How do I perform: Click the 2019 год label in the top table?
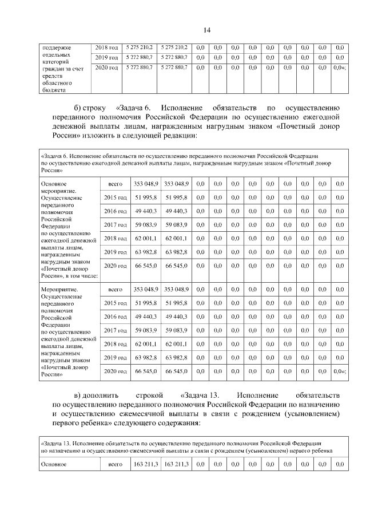click(106, 57)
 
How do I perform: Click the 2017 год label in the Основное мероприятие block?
click(115, 224)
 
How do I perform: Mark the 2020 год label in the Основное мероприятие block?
click(115, 266)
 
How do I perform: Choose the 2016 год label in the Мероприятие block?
click(115, 317)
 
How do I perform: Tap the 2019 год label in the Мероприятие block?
click(115, 358)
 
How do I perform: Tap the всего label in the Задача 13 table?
click(116, 464)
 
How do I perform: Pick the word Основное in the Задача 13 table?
click(54, 464)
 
